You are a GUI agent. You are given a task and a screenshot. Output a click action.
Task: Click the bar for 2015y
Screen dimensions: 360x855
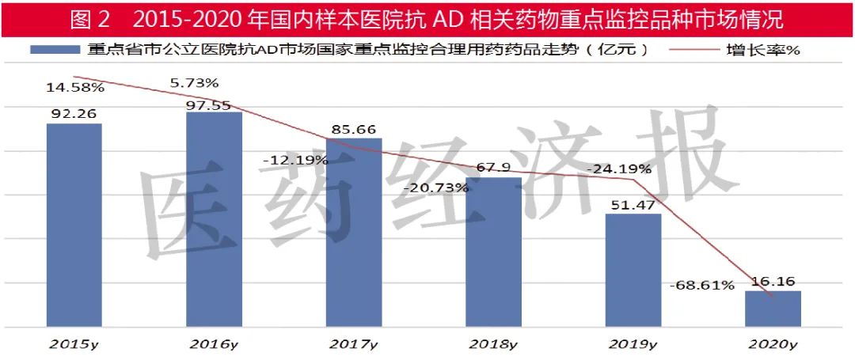(x=74, y=225)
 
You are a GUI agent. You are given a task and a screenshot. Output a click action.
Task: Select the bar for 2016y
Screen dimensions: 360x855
(x=214, y=219)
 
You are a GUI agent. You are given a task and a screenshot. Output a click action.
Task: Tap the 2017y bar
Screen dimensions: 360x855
(x=354, y=232)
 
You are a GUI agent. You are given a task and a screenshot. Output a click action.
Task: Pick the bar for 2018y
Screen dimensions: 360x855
(x=493, y=252)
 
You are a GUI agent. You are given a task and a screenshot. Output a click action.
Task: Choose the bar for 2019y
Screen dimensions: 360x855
(x=633, y=270)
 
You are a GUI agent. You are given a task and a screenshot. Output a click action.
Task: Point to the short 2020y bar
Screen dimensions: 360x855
(x=773, y=309)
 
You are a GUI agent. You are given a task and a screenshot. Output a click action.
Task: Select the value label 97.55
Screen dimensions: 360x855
(x=214, y=101)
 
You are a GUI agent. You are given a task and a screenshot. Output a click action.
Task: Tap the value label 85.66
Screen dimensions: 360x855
(x=354, y=128)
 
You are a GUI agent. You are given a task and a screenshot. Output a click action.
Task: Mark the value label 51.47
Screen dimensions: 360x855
(x=633, y=203)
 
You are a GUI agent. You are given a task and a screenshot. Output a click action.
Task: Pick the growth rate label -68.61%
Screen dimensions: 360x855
(x=701, y=285)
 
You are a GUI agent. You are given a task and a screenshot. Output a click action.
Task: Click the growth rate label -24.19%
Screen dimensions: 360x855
(x=619, y=169)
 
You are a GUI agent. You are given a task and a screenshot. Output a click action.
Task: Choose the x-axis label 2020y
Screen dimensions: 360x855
(x=772, y=344)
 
